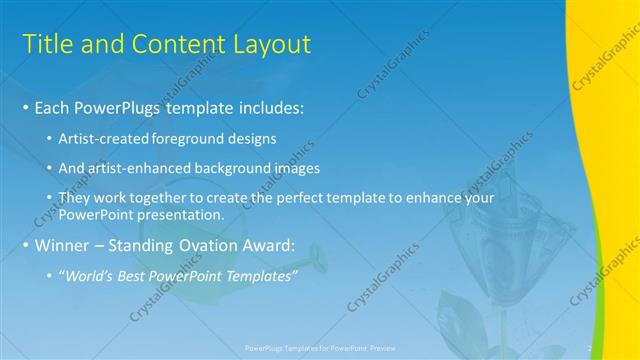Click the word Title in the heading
pos(47,45)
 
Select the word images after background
pos(294,169)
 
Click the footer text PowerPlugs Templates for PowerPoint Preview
pos(319,349)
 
